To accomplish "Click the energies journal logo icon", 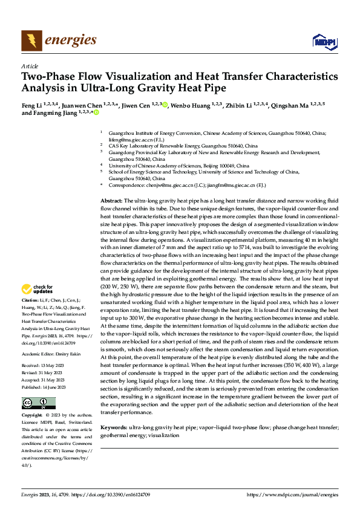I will (31, 41).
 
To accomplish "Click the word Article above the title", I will (30, 66).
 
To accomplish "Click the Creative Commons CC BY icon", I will (38, 403).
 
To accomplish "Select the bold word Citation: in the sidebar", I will (31, 300).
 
